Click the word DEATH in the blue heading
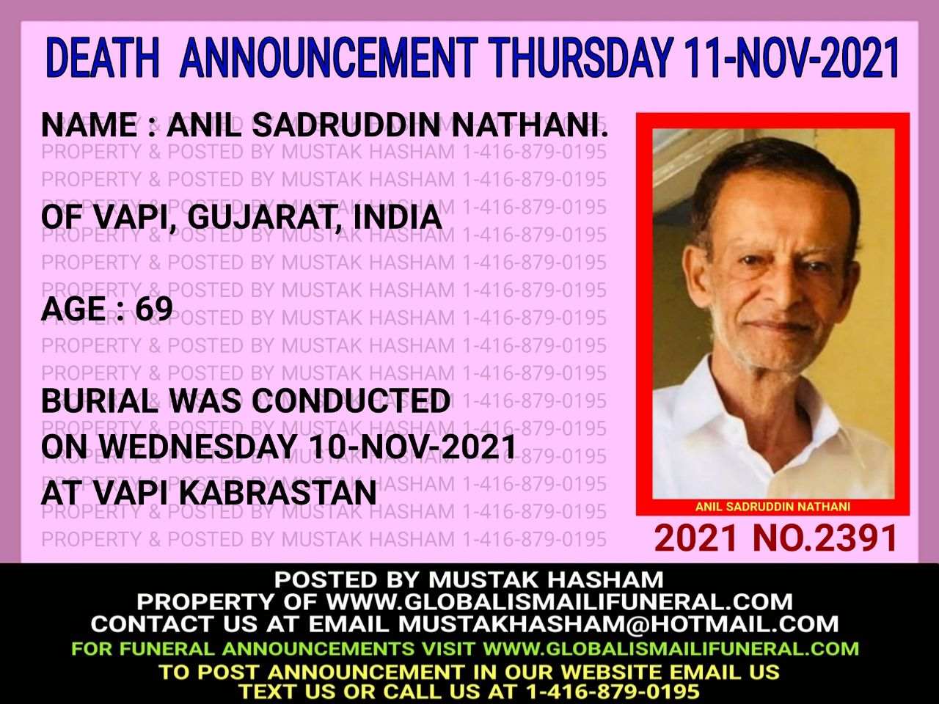click(x=103, y=58)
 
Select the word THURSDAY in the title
click(x=580, y=58)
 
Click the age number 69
click(x=154, y=308)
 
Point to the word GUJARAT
click(x=260, y=218)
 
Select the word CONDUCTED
click(x=351, y=401)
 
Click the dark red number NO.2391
click(x=825, y=538)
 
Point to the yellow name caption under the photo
click(x=772, y=507)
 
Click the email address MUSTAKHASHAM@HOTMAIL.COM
click(x=618, y=625)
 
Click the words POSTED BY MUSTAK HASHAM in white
click(x=469, y=579)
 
